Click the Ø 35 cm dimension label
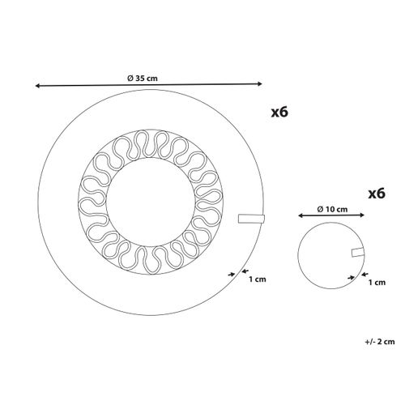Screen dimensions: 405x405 coord(143,79)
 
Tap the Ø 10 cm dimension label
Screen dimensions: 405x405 coord(332,209)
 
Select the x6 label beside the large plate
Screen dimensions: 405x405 coord(279,112)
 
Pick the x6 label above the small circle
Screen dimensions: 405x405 coord(377,194)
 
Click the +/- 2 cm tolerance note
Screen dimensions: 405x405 coord(380,342)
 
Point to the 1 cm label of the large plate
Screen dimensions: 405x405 coord(258,279)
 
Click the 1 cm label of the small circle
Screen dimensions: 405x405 coord(377,283)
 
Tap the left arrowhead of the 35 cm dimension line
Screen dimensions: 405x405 coord(38,86)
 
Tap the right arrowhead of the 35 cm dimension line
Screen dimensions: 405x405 coord(260,83)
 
